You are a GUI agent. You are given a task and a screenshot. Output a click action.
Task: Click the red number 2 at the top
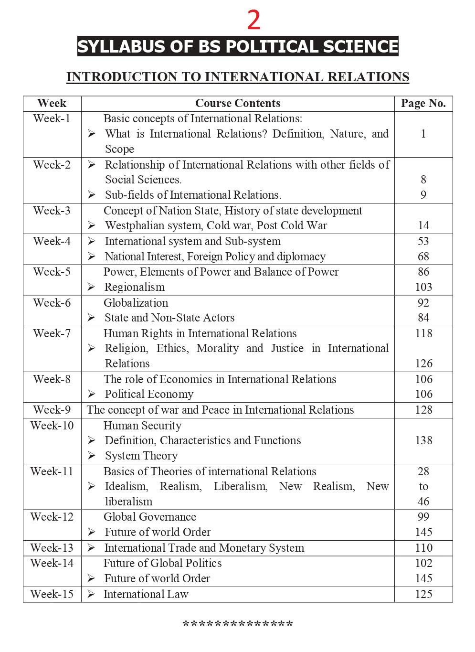pos(253,20)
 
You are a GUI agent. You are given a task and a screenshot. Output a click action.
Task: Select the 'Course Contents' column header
pos(238,103)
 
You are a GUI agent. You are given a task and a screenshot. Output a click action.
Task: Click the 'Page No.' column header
pos(423,103)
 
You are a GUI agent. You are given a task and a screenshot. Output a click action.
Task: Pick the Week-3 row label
pos(52,211)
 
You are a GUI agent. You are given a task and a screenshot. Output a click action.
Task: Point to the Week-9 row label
pos(52,410)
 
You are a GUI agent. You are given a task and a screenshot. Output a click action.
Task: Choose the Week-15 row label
pos(52,594)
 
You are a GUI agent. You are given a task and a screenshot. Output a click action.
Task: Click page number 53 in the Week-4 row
pos(423,241)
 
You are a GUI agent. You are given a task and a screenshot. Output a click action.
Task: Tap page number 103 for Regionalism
pos(423,287)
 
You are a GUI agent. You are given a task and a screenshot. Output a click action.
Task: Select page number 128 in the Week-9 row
pos(423,410)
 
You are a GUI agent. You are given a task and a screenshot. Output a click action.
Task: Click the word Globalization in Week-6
pos(136,303)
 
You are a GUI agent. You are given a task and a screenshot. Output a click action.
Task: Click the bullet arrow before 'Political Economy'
pos(92,394)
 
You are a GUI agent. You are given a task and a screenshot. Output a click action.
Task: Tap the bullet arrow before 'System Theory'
pos(92,456)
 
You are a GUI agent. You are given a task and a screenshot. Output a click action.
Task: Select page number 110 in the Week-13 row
pos(423,548)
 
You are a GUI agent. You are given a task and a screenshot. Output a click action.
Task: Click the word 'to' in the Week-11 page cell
pos(423,486)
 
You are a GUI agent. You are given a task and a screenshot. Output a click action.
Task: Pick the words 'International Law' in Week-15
pos(146,594)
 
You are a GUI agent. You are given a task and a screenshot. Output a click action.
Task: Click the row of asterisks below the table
pos(238,624)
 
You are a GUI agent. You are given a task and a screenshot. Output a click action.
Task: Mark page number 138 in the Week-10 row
pos(423,440)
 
